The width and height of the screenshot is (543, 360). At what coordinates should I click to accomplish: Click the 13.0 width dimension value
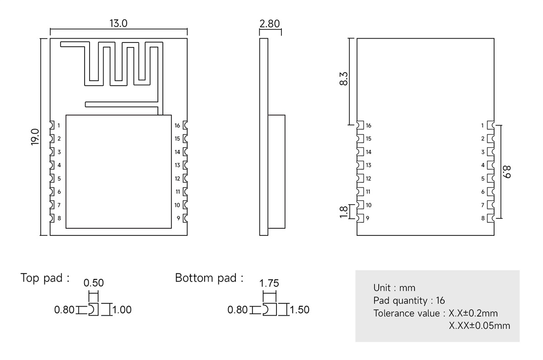[x=118, y=24]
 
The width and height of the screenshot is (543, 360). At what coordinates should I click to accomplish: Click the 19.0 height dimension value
[x=35, y=136]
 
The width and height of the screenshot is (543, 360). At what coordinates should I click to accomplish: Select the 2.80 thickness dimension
[x=270, y=24]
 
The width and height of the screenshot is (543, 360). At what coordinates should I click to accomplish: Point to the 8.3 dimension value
[x=343, y=79]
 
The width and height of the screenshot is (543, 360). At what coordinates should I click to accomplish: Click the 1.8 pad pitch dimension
[x=343, y=211]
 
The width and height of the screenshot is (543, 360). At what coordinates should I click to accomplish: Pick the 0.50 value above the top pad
[x=94, y=283]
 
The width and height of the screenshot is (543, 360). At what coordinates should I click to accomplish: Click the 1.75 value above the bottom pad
[x=269, y=283]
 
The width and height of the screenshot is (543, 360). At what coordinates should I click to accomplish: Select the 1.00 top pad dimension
[x=122, y=310]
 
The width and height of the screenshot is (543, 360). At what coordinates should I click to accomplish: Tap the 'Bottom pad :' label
[x=209, y=278]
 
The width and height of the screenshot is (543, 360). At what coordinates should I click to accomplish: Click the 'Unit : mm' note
[x=394, y=288]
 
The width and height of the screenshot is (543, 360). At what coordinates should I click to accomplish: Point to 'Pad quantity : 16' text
[x=409, y=300]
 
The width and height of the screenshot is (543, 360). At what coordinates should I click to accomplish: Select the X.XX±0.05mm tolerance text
[x=479, y=326]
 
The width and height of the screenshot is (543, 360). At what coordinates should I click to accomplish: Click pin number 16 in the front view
[x=177, y=125]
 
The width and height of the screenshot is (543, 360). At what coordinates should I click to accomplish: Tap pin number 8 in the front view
[x=59, y=218]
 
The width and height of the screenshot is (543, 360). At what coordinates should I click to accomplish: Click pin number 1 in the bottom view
[x=483, y=125]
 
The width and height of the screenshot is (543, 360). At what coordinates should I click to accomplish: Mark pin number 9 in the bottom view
[x=367, y=218]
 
